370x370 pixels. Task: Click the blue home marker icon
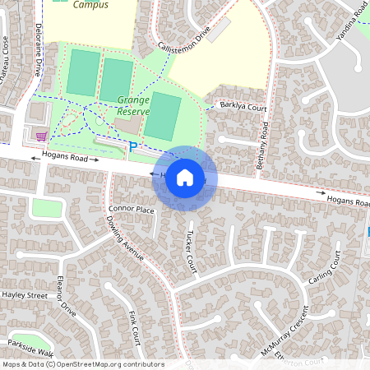[x=185, y=177]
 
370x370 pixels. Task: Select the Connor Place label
[x=131, y=210]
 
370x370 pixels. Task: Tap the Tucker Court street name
[x=191, y=250]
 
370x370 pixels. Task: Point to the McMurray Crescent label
[x=284, y=330]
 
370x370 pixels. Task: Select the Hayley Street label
[x=25, y=294]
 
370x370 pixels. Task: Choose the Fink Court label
[x=135, y=326]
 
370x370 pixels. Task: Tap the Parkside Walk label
[x=30, y=346]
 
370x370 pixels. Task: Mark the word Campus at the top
[x=90, y=4]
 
